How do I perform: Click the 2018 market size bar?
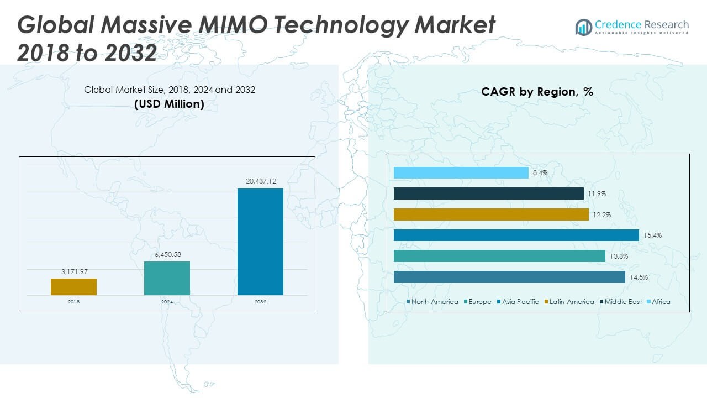[73, 286]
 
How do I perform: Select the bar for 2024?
[167, 278]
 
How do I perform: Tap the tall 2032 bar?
[260, 242]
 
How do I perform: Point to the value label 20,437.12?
[260, 181]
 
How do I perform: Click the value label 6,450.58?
[167, 254]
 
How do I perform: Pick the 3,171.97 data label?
[73, 271]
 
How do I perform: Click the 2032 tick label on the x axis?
[260, 302]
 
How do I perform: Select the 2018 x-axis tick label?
[73, 302]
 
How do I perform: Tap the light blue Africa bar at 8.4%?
[461, 173]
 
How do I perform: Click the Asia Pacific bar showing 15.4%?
[516, 235]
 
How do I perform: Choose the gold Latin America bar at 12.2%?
[491, 214]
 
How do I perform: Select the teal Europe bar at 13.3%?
[499, 256]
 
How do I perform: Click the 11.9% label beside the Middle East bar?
[597, 193]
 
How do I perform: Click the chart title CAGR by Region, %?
[537, 92]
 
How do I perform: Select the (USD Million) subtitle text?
[169, 103]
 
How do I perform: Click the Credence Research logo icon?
[583, 27]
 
